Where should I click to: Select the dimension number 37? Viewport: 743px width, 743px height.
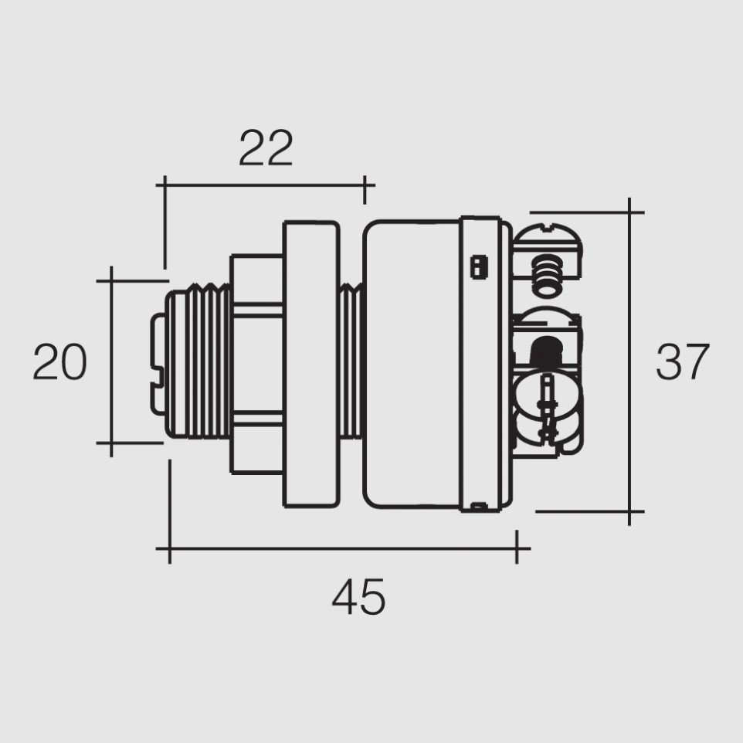pos(682,362)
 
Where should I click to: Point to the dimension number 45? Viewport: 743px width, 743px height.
pos(358,598)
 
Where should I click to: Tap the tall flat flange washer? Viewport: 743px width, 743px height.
pos(310,363)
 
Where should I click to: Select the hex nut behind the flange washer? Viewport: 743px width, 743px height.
pos(257,363)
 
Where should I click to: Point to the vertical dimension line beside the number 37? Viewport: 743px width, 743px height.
pos(630,362)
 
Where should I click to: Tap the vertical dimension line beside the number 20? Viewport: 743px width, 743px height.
pos(111,362)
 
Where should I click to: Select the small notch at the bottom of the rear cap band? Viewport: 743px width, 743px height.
pos(479,507)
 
